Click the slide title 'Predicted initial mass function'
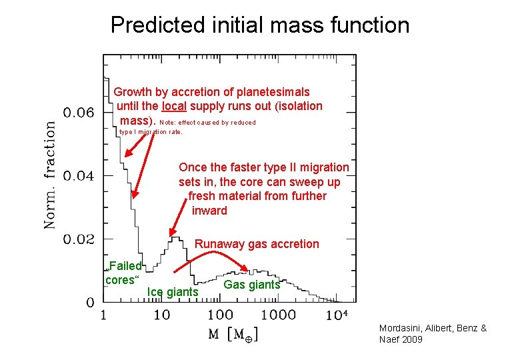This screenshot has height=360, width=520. point(260,25)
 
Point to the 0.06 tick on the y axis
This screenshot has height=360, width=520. point(79,112)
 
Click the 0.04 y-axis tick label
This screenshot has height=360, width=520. point(79,176)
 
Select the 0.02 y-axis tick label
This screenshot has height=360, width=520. point(79,239)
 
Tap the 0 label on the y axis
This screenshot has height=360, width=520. point(89,303)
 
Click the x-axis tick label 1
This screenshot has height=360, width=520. point(104,315)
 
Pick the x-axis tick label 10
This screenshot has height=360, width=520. point(161,315)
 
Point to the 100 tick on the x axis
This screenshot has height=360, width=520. point(220,315)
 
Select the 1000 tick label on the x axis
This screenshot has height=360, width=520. point(278,315)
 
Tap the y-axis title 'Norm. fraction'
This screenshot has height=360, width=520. point(50,175)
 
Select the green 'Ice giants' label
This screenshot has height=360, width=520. point(173,292)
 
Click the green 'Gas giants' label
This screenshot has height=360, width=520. point(252,285)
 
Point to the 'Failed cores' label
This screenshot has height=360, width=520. point(123,273)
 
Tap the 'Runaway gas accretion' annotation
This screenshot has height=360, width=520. point(257,244)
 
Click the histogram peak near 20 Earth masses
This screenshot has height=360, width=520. point(175,237)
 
